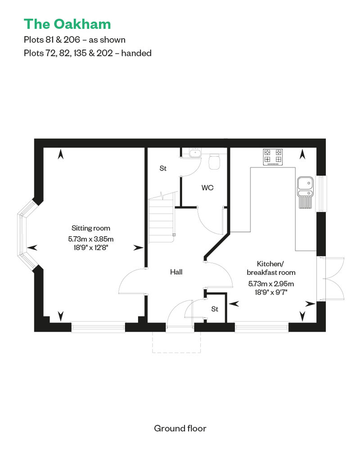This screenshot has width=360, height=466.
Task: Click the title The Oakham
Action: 67,24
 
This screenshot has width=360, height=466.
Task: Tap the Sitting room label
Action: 90,228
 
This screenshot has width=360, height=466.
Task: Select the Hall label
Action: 176,272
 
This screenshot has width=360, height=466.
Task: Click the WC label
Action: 207,188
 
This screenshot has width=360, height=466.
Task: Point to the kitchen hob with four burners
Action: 273,157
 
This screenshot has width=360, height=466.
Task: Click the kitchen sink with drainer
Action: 305,192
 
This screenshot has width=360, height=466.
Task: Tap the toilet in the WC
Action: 214,161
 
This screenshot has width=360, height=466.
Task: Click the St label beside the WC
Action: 163,168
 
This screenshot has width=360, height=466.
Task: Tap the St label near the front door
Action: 215,309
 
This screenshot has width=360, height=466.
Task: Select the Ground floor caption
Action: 180,428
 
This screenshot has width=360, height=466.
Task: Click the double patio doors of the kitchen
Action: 331,279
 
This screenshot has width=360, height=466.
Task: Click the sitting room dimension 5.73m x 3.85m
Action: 90,239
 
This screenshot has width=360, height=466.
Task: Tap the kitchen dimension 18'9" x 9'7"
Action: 271,292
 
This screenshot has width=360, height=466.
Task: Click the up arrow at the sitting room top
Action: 61,154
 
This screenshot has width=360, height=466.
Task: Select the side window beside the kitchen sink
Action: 321,193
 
